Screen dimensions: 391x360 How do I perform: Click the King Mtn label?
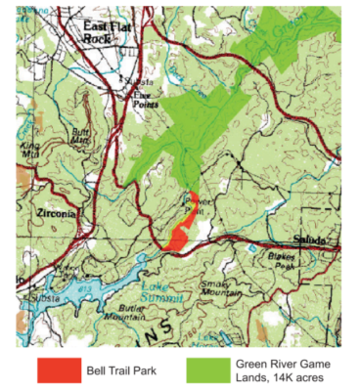[31, 150]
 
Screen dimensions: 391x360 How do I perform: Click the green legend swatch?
[208, 369]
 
